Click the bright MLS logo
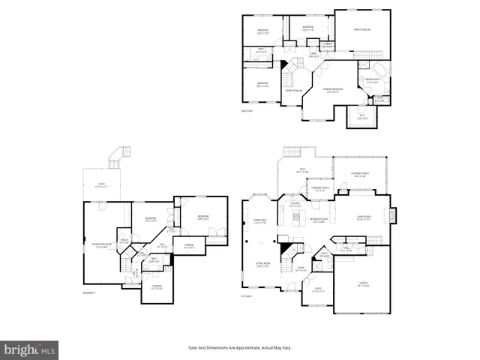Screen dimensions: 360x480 (31, 349)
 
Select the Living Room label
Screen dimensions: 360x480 (364, 217)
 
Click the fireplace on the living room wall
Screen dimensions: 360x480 (389, 216)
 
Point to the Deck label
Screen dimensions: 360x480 (303, 170)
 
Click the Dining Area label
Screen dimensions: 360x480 (261, 220)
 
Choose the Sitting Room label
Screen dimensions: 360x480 (262, 264)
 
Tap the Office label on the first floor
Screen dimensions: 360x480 (318, 290)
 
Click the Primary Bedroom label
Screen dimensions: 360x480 (333, 90)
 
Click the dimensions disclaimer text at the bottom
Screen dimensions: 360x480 (244, 348)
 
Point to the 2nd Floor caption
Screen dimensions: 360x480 (247, 111)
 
